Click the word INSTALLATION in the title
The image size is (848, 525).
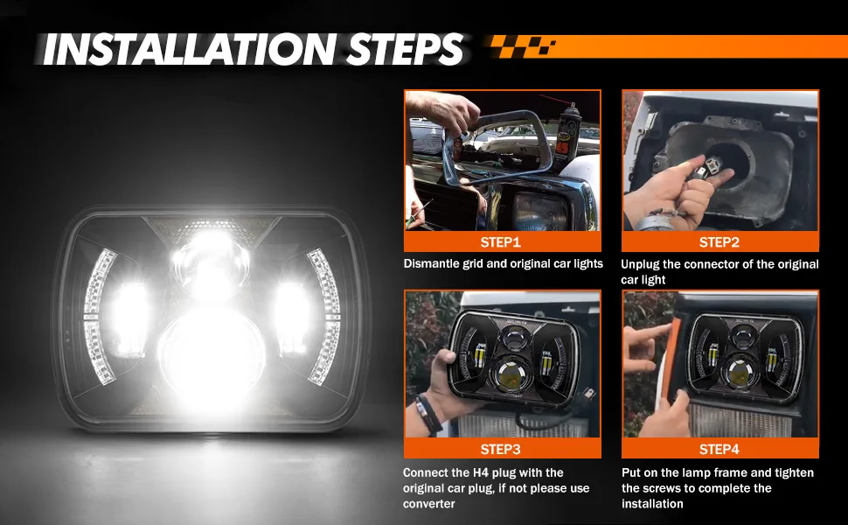[x=190, y=50]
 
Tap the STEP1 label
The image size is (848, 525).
[x=501, y=241]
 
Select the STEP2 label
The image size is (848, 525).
[x=719, y=241]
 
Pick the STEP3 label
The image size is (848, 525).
[x=501, y=449]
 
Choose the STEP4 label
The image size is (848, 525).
[x=719, y=449]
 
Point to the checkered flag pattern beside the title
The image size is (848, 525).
[x=520, y=46]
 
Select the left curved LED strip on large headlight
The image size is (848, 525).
[x=100, y=316]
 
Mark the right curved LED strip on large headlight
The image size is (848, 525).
[x=324, y=316]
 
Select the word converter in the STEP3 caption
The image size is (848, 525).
[x=429, y=504]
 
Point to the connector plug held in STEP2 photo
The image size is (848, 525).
[x=707, y=167]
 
